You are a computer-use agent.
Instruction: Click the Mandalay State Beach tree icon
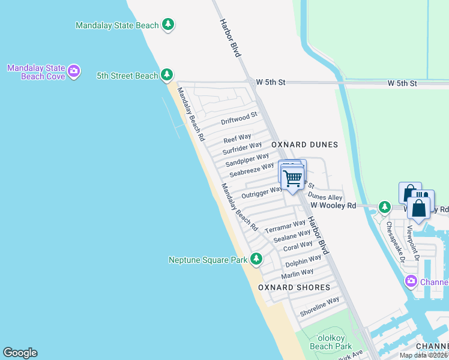169,25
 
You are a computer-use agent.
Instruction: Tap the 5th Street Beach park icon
167,75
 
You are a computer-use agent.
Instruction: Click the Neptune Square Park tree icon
256,259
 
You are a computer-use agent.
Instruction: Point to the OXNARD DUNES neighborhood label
304,145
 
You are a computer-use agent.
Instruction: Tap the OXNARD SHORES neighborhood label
294,287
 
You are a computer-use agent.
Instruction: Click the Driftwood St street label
239,118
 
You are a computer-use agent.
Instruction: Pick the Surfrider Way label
242,148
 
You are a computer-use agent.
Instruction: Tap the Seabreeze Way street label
252,169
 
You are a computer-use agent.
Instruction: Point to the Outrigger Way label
261,193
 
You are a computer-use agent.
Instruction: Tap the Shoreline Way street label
319,307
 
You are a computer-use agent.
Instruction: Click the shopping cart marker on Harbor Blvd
292,179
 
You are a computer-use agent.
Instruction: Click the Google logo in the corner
20,353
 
